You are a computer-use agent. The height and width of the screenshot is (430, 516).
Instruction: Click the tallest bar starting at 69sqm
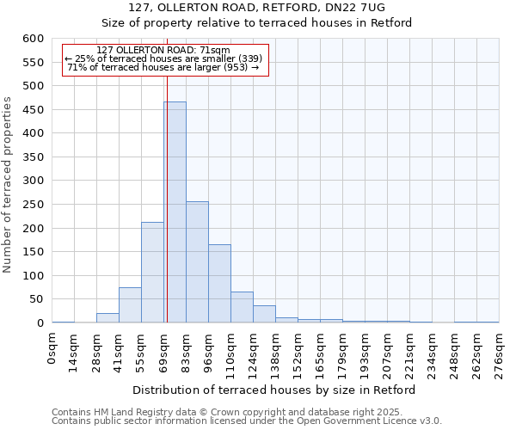point(175,212)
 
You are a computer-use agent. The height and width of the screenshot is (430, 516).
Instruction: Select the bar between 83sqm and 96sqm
point(197,262)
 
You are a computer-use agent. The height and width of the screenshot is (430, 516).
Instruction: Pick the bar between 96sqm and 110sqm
point(219,284)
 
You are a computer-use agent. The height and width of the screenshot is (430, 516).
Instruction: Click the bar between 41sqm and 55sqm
point(130,305)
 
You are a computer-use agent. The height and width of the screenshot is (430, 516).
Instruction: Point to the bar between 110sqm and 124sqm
point(242,307)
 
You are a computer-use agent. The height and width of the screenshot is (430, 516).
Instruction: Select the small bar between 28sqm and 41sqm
point(107,318)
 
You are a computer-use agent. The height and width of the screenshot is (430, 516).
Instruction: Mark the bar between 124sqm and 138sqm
point(264,314)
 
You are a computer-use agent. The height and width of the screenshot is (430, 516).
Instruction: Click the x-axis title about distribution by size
point(275,390)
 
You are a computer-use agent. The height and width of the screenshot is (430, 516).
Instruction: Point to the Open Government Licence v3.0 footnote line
point(247,421)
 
